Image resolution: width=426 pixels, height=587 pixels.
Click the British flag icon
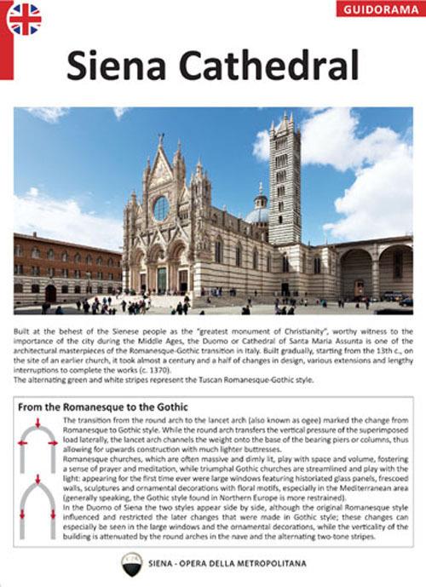pyautogui.click(x=25, y=20)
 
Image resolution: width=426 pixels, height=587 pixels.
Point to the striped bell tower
pyautogui.click(x=285, y=183)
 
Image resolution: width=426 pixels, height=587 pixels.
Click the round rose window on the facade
pyautogui.click(x=160, y=208)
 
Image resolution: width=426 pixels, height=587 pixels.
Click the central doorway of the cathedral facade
pyautogui.click(x=161, y=278)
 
